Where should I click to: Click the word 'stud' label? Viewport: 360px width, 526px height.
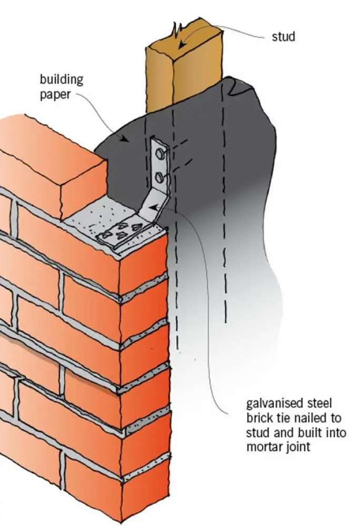point(283,37)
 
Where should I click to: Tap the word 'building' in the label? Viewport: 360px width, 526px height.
point(62,80)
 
